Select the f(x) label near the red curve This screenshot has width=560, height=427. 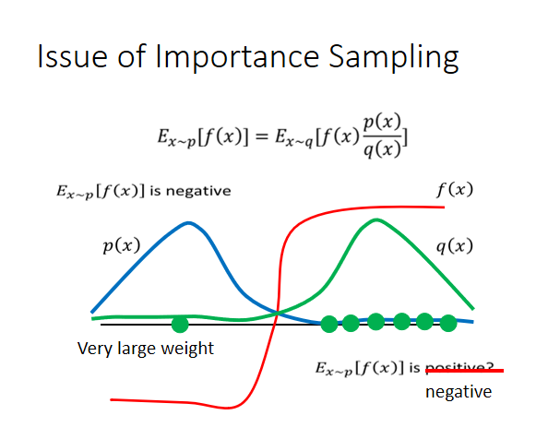[454, 190]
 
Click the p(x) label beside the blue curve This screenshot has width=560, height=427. [120, 246]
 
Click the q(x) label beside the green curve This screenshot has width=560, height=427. [454, 246]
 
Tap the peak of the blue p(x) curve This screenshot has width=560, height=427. [189, 223]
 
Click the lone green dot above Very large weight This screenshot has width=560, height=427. [180, 324]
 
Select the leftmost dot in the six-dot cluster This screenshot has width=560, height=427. [329, 323]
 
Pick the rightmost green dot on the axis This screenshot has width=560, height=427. [448, 323]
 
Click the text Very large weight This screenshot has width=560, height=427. [146, 349]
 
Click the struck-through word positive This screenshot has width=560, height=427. [463, 370]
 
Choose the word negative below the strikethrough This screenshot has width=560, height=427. [459, 392]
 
